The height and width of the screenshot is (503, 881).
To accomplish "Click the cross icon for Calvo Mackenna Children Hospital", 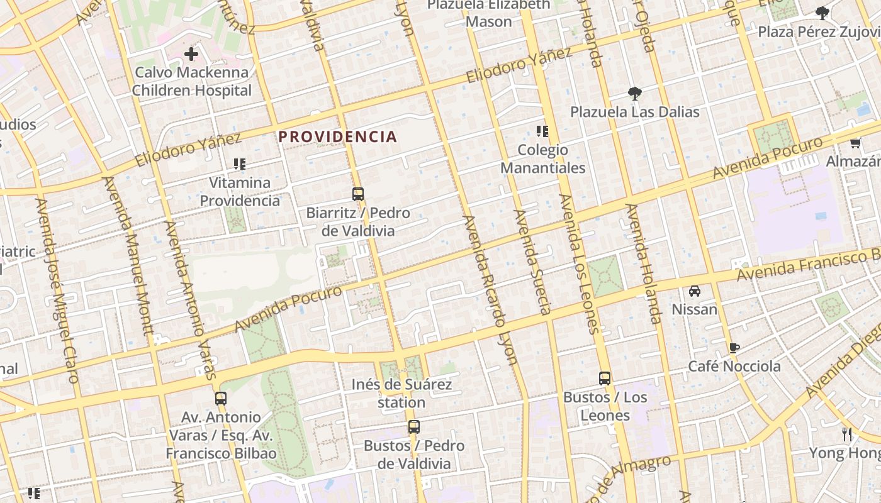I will point(191,54).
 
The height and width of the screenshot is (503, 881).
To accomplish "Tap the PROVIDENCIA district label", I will point(338,136).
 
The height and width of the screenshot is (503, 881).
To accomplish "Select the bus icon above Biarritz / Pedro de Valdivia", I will point(358,194).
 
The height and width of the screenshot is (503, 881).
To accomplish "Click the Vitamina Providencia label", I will point(240,192).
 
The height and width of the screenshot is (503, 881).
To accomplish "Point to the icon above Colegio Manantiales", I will point(542,131).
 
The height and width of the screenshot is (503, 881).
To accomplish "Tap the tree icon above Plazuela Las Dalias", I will point(635,94).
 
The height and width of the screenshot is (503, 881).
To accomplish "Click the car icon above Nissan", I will point(695,290).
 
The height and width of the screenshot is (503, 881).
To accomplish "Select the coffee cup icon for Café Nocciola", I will point(734,348).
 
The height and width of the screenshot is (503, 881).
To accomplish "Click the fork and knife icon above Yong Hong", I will point(847,434).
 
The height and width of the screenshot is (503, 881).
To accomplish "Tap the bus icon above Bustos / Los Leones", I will point(605,379).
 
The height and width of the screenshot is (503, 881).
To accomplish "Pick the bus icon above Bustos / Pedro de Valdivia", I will point(414,427).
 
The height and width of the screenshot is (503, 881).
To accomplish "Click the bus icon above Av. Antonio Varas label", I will point(220,398).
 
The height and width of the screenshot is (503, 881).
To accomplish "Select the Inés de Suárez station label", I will point(401,393).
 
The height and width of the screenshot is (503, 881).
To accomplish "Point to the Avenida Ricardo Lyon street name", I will point(490,290).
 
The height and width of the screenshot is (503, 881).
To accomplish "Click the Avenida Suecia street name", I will point(533,262).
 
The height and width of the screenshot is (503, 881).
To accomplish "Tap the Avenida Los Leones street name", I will point(578,263).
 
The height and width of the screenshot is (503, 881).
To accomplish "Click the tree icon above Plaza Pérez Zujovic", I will point(822,13).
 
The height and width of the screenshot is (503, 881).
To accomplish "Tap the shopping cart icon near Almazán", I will point(855,143).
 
